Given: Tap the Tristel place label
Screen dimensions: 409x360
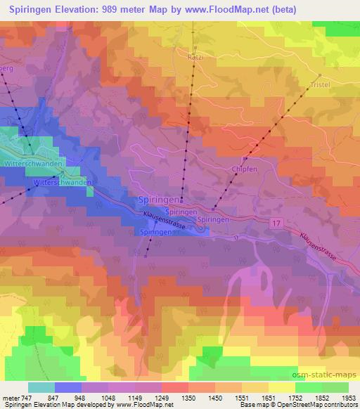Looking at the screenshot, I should coord(321,84).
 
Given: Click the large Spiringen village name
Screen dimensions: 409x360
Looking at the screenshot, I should coord(158,200).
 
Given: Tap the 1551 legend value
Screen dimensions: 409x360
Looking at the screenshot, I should coord(256,397).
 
